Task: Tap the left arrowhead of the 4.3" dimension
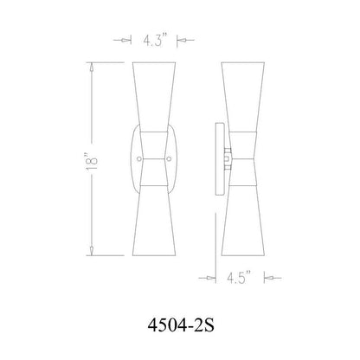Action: [x=133, y=41]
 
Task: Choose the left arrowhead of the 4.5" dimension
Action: [x=214, y=279]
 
